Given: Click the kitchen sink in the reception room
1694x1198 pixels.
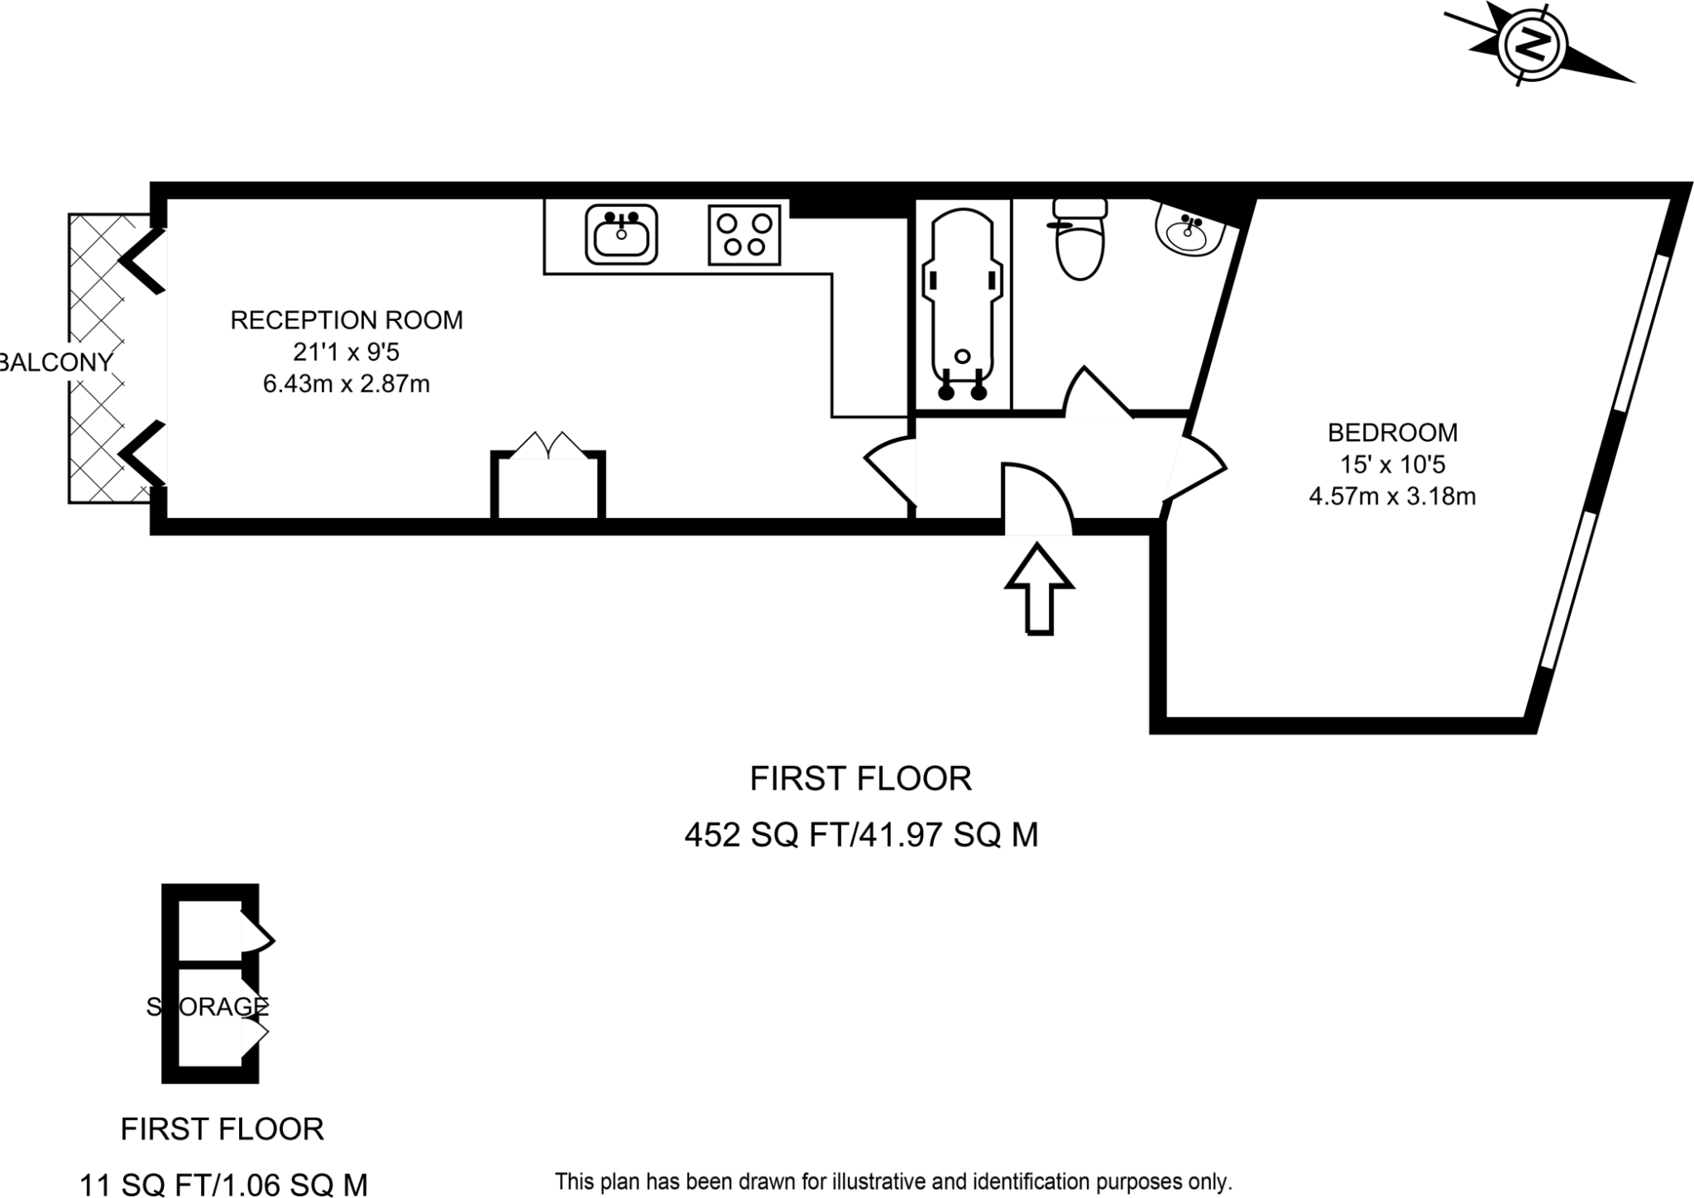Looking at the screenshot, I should coord(621,234).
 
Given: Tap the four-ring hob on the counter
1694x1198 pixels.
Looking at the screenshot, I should coord(744,235).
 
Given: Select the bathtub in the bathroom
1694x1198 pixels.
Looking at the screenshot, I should coord(962,302).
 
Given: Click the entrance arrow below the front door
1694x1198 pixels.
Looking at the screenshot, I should coord(1039,588).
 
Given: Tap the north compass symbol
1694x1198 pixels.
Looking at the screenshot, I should coord(1533,46).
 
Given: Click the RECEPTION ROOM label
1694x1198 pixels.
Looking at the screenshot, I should coord(347,320).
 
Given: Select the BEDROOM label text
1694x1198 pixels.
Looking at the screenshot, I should coord(1392,433).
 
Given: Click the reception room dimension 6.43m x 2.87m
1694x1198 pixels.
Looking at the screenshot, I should coord(347,385).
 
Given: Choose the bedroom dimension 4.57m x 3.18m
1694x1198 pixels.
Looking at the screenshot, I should coord(1392,497).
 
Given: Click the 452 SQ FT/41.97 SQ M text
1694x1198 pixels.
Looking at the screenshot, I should coord(860,836).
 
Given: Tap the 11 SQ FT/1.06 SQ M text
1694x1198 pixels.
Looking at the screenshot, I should coord(223,1185).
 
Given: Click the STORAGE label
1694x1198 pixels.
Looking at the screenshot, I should coord(208,1007).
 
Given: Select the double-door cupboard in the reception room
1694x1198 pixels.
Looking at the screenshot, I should coord(548,484).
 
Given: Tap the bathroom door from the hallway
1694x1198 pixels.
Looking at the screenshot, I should coord(1095,394).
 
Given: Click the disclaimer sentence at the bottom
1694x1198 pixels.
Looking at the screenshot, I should coord(893,1181).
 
